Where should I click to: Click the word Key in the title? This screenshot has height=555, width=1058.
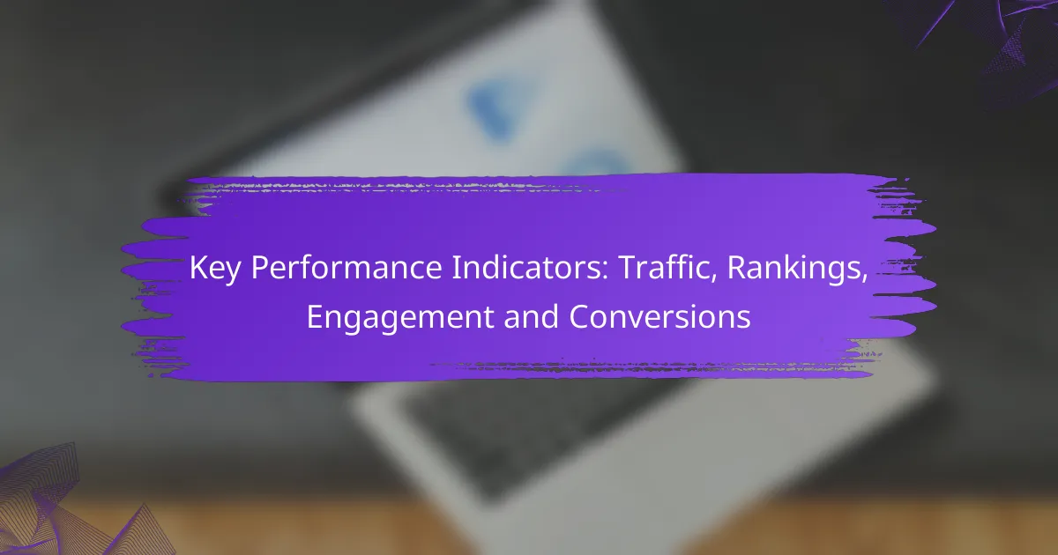click(214, 269)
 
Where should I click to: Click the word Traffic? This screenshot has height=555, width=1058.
click(663, 268)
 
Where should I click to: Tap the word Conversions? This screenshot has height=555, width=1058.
click(659, 316)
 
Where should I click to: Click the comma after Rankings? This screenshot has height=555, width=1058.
click(864, 279)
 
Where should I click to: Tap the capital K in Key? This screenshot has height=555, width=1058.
click(199, 268)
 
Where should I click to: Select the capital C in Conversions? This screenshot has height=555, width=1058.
click(579, 316)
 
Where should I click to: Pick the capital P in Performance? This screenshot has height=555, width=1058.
click(260, 268)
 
